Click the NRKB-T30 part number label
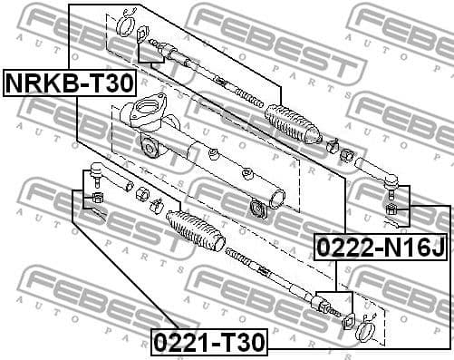tap(71, 83)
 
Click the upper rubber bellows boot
tap(291, 125)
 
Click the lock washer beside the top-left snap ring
tap(143, 34)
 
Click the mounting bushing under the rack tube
tap(257, 212)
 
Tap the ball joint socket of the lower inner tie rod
tap(322, 302)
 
